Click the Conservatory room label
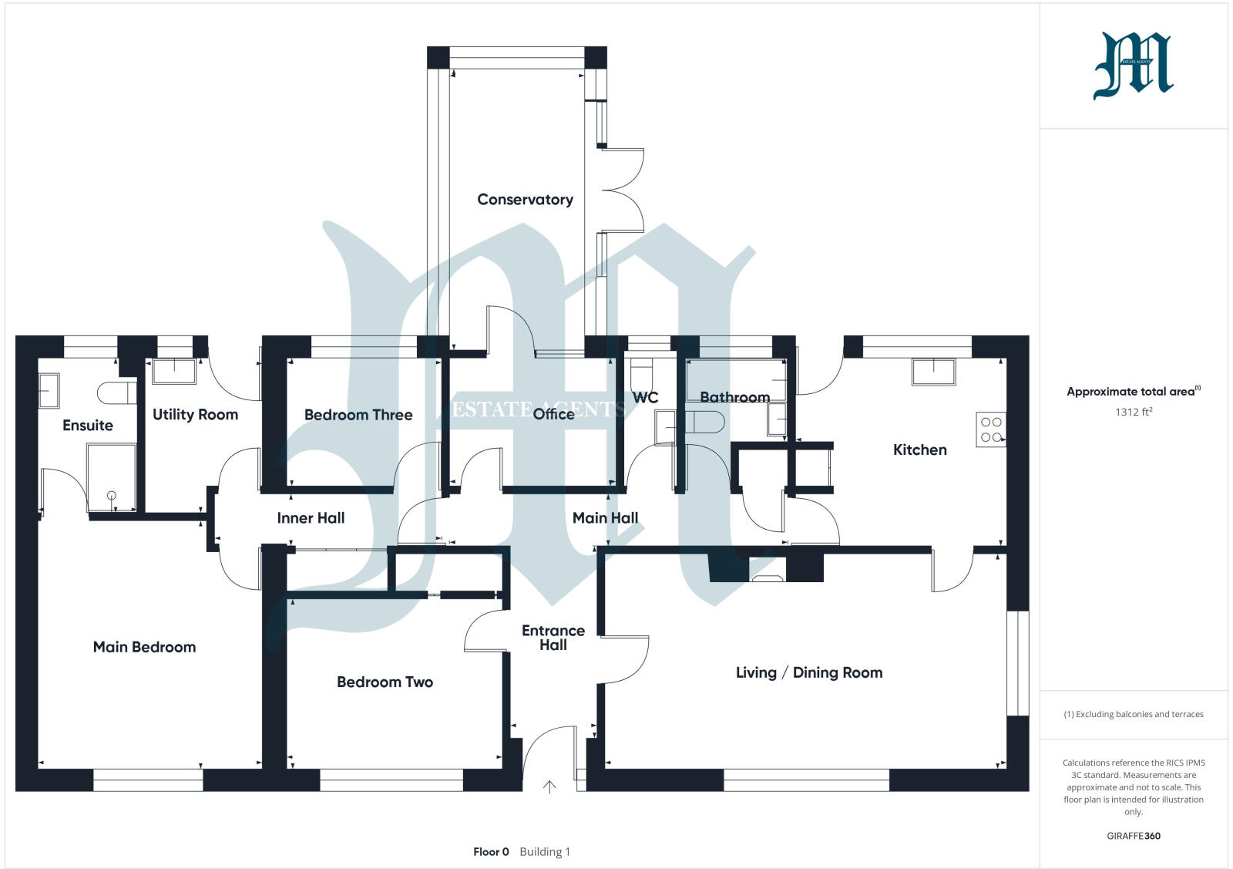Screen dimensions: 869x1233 coord(525,200)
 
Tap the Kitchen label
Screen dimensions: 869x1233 coord(919,450)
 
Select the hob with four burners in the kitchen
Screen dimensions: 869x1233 coord(991,430)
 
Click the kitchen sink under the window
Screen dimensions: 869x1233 coord(933,372)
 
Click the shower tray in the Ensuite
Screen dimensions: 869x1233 coord(112,477)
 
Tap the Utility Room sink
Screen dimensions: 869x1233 coord(173,371)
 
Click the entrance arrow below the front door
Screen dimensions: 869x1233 coord(549,786)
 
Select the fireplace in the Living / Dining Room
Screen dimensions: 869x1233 coord(767,574)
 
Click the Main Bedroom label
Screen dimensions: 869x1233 coord(144,647)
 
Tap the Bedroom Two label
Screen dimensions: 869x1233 coord(385,682)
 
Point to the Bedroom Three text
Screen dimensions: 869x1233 coord(358,415)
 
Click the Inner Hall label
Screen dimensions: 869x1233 coord(311,518)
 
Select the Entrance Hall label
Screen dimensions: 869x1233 coord(553,638)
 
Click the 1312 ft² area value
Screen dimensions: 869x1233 coord(1133,412)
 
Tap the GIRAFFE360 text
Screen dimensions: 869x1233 coord(1133,836)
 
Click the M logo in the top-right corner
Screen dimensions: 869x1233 coord(1133,66)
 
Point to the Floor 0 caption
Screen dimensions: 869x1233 coord(491,852)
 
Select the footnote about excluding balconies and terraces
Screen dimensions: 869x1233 coord(1133,714)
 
